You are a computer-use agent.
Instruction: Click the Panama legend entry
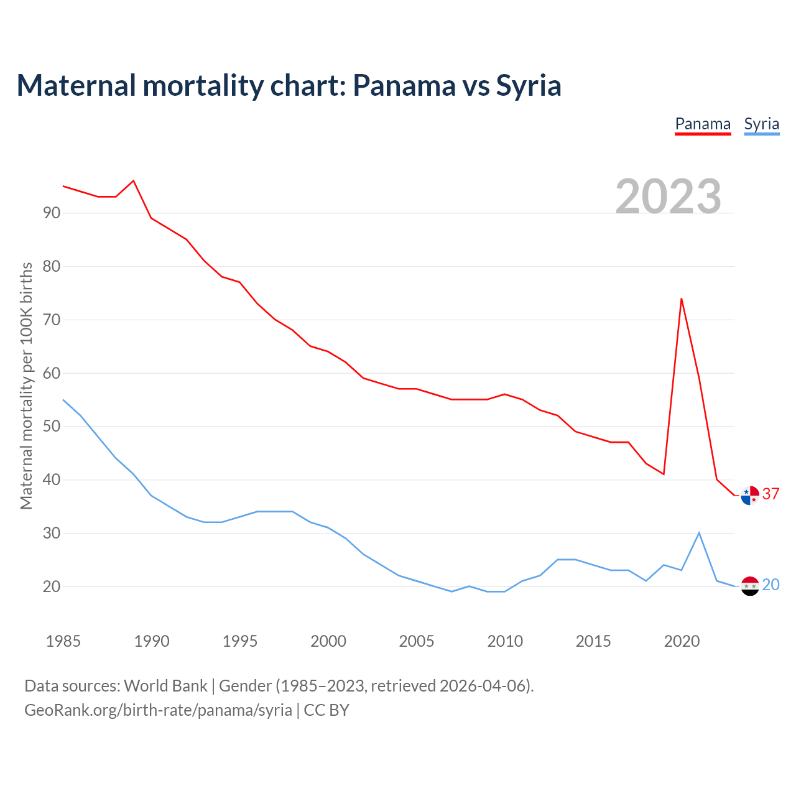click(703, 124)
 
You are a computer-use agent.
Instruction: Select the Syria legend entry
click(761, 124)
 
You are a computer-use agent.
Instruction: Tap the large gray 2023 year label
click(668, 196)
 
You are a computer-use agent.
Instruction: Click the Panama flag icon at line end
click(750, 495)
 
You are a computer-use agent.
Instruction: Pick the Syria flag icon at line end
click(750, 586)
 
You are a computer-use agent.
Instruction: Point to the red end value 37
click(771, 494)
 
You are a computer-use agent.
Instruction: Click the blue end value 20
click(771, 585)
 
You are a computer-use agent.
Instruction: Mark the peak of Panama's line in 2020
click(682, 298)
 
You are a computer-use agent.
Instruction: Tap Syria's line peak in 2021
click(699, 533)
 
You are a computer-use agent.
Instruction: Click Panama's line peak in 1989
click(134, 181)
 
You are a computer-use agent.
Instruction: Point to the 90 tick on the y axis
click(52, 213)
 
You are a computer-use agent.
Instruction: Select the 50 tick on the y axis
click(52, 427)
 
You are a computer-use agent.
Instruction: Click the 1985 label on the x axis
click(63, 641)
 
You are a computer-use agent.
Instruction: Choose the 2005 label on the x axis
click(416, 641)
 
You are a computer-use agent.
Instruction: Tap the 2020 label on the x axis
click(682, 641)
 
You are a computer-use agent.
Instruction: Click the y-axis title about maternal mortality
click(26, 386)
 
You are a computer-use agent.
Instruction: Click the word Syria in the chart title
click(528, 85)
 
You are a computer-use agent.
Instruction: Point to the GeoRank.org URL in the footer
click(158, 710)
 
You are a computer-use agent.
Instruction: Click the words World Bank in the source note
click(165, 686)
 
